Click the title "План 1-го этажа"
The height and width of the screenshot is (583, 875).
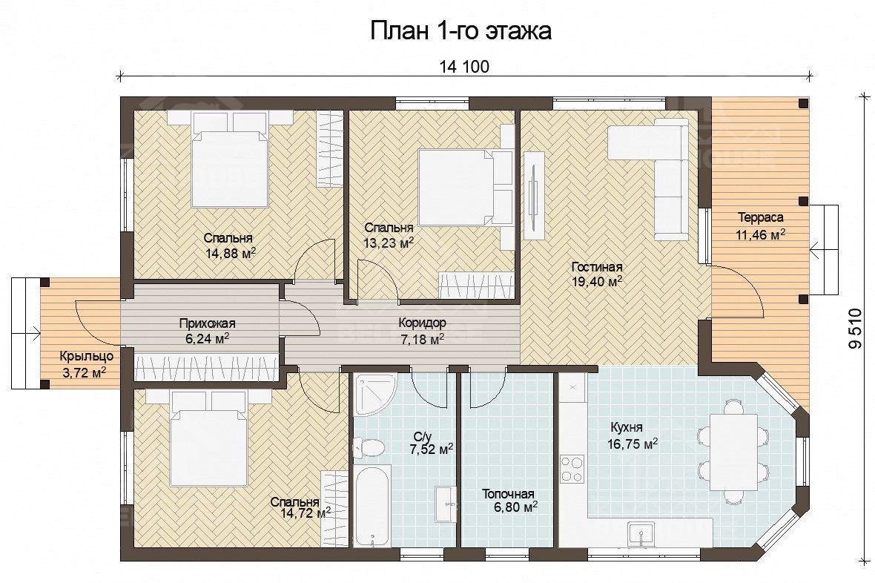tap(461, 30)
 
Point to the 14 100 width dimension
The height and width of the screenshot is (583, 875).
tap(464, 67)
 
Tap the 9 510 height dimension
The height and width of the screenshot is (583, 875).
tap(854, 329)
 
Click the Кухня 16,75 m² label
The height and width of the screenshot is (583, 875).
tap(633, 436)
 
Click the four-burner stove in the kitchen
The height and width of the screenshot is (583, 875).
tap(572, 469)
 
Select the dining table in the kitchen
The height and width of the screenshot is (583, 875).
tap(733, 452)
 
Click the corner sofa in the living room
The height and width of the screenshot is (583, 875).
tap(650, 179)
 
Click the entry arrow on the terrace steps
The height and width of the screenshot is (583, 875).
tap(824, 250)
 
